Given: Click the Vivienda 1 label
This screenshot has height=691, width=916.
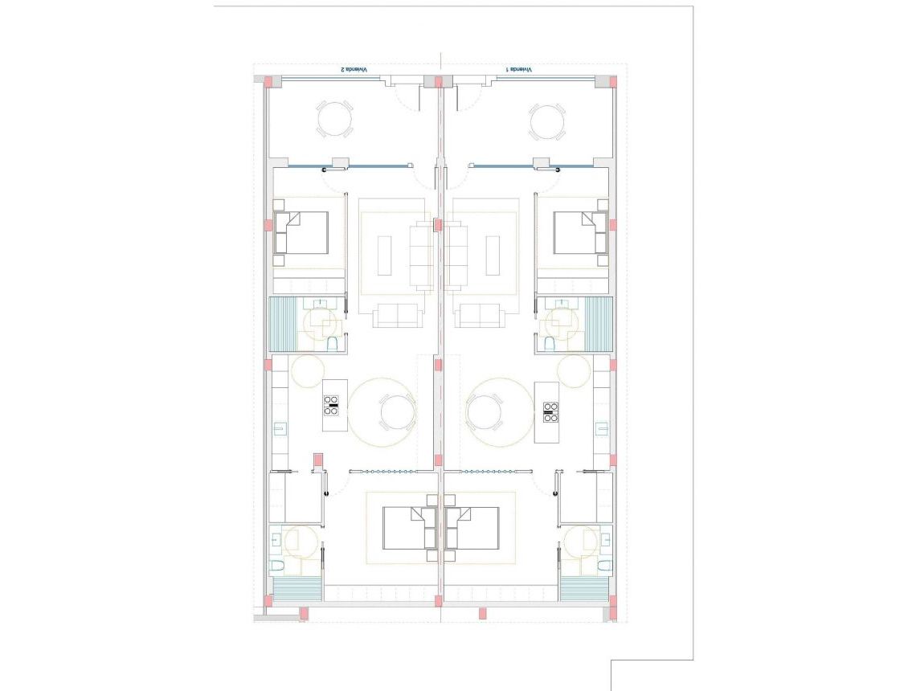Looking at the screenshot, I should tap(519, 70).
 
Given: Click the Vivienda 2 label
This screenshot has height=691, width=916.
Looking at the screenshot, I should tap(354, 70).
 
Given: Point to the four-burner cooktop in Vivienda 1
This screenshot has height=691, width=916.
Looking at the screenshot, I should tap(551, 411).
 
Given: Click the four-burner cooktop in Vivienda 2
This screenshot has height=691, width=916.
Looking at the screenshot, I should tap(331, 406).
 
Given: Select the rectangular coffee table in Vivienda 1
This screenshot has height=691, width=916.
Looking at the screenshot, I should tap(492, 256).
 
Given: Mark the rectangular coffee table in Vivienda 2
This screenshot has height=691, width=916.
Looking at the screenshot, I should tap(385, 256).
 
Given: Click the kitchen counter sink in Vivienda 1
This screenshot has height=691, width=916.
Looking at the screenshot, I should tap(600, 428).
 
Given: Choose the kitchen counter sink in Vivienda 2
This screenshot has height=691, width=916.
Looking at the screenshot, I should tap(279, 428).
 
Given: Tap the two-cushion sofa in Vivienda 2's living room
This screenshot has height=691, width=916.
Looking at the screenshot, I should tap(395, 316).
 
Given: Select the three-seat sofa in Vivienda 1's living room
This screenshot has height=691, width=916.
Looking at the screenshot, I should tap(458, 257).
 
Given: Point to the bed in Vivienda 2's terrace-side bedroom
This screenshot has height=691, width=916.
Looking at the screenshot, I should tap(301, 233).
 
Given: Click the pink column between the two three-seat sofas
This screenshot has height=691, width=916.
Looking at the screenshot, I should tap(438, 225).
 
